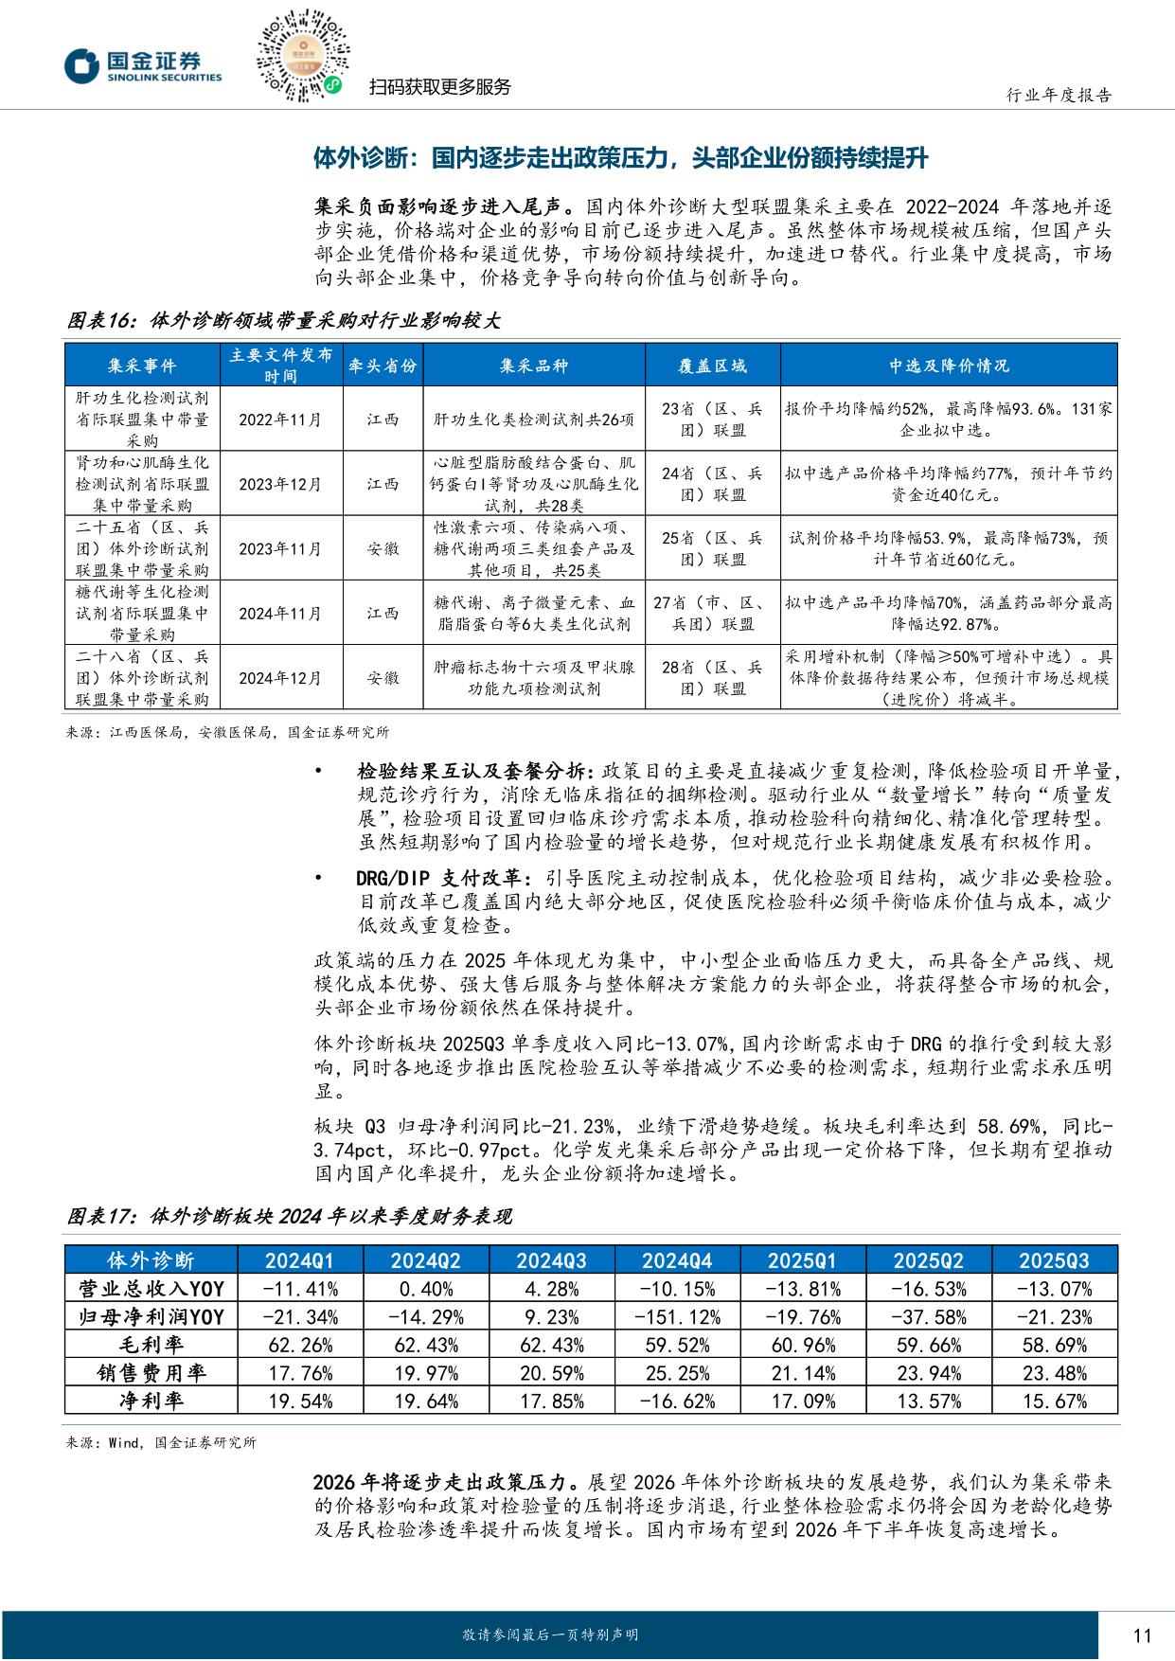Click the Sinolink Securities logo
pyautogui.click(x=142, y=65)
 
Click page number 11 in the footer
pyautogui.click(x=1141, y=1635)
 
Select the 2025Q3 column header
pyautogui.click(x=1054, y=1260)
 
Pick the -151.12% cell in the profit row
pyautogui.click(x=677, y=1317)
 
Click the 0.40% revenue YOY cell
pyautogui.click(x=425, y=1289)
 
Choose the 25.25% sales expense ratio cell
pyautogui.click(x=677, y=1373)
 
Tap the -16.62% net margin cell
pyautogui.click(x=677, y=1402)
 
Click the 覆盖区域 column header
pyautogui.click(x=712, y=366)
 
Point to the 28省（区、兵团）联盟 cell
pyautogui.click(x=712, y=678)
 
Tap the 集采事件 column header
pyautogui.click(x=142, y=366)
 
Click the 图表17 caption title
pyautogui.click(x=289, y=1216)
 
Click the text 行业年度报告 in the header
pyautogui.click(x=1059, y=95)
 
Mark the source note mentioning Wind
pyautogui.click(x=161, y=1443)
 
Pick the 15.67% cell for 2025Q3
pyautogui.click(x=1054, y=1402)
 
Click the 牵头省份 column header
pyautogui.click(x=383, y=366)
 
